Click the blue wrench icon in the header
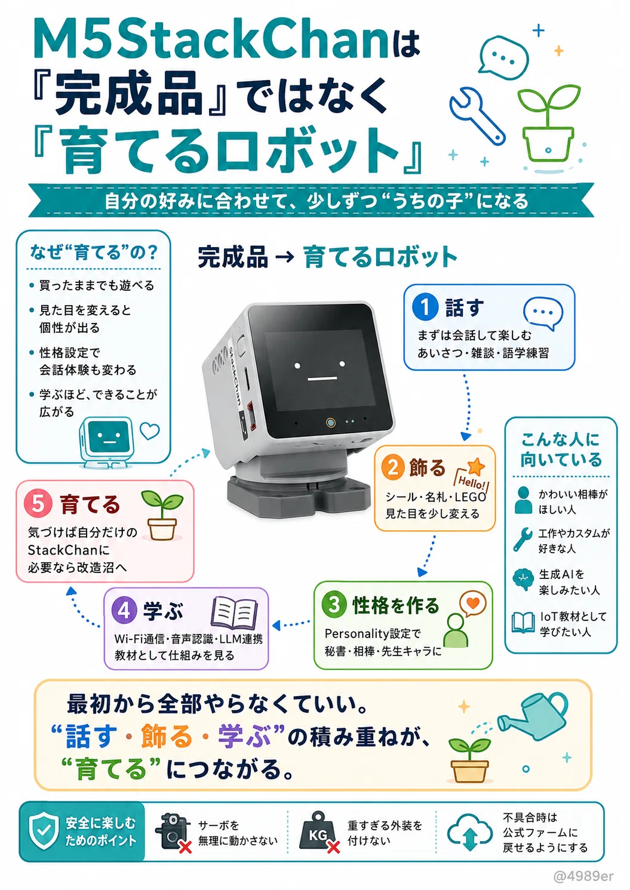tap(477, 115)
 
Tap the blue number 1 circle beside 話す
tap(425, 307)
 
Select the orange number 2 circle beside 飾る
tap(393, 467)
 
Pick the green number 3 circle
tap(334, 605)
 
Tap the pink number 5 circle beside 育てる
tap(38, 503)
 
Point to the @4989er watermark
tap(583, 876)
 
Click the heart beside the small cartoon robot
tap(150, 431)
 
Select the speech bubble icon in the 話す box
tap(543, 313)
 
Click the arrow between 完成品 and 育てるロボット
tap(285, 257)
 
